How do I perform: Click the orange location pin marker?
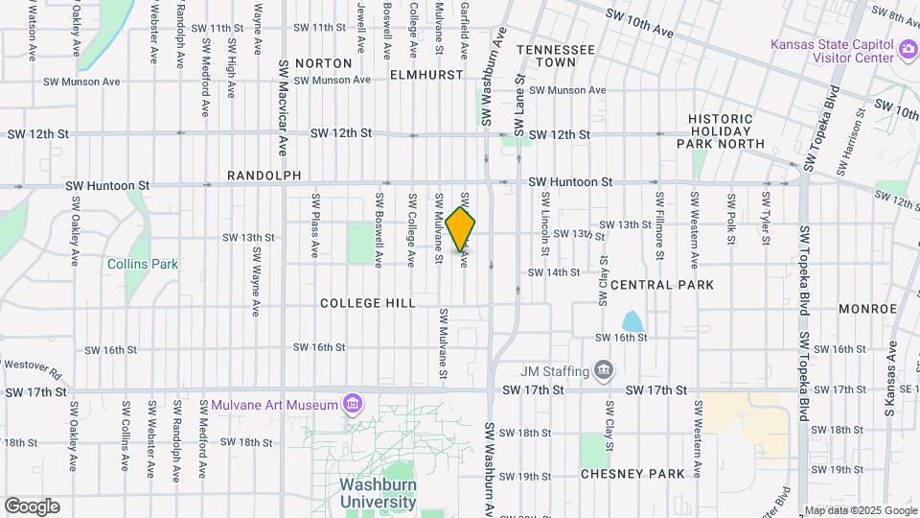pos(461,228)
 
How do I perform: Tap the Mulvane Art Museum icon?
pos(354,403)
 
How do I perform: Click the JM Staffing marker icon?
pos(604,369)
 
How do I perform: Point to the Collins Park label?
pos(143,263)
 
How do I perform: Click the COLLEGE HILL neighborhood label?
pos(367,302)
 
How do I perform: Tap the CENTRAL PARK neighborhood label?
pos(662,285)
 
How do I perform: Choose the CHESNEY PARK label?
pos(632,474)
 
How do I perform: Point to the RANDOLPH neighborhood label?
pos(264,176)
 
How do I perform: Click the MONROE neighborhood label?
pos(866,309)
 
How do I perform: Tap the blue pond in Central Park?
pos(632,321)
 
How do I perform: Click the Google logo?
pos(32,506)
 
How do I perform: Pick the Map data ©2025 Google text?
pos(860,510)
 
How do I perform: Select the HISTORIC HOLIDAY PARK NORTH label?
pos(726,131)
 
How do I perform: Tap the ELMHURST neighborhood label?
pos(426,74)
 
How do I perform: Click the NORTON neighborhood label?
pos(324,63)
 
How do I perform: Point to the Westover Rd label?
pos(31,366)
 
